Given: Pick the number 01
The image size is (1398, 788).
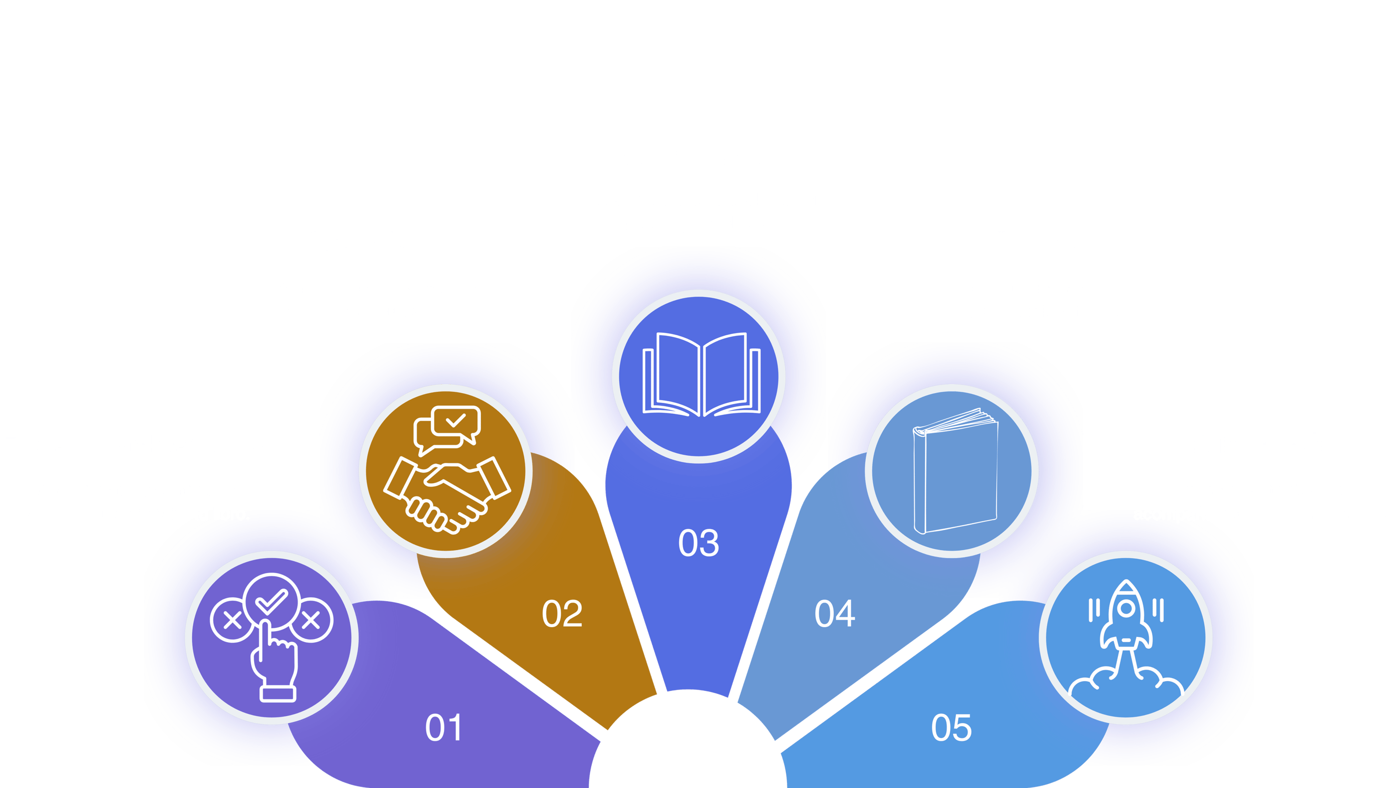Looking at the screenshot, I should pos(443,728).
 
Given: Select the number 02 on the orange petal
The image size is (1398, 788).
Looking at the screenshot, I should pos(562,614).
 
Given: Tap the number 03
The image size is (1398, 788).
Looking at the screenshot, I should pos(699,543).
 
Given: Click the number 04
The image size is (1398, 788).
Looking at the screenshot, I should pos(835,614).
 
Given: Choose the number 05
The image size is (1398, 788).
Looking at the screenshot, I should pos(951,728).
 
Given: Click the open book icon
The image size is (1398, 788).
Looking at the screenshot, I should pos(701,375).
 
